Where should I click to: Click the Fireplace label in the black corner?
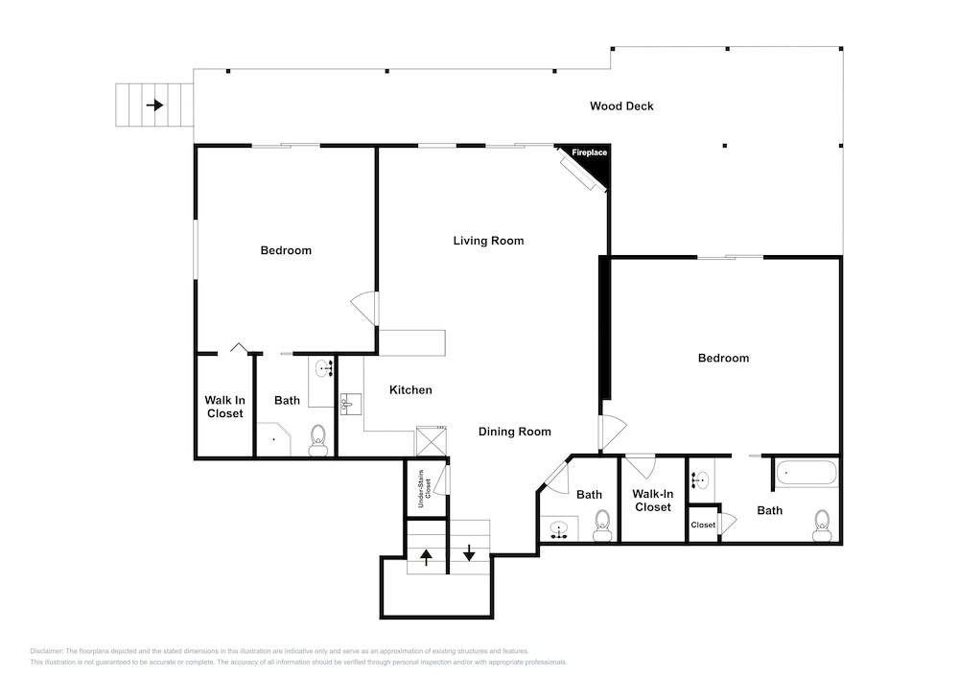(x=590, y=152)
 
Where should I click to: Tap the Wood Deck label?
(x=621, y=106)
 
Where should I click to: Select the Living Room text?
(x=488, y=241)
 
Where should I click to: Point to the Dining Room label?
(x=514, y=432)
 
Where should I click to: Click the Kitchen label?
(x=410, y=390)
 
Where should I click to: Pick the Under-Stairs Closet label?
(x=425, y=488)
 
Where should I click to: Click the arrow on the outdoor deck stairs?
(x=154, y=105)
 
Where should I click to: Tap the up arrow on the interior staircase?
(x=427, y=556)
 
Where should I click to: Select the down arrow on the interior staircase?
(x=469, y=552)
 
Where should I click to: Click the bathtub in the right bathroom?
(x=806, y=473)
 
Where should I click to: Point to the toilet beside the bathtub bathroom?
(x=822, y=526)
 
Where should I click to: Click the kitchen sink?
(x=350, y=404)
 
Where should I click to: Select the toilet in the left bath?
(x=318, y=441)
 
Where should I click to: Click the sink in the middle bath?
(x=558, y=528)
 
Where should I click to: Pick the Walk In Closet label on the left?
(x=225, y=407)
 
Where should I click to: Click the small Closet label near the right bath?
(x=703, y=525)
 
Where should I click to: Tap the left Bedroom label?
(x=286, y=250)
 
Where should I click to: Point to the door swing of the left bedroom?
(x=364, y=309)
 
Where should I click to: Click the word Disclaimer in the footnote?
(x=46, y=651)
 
